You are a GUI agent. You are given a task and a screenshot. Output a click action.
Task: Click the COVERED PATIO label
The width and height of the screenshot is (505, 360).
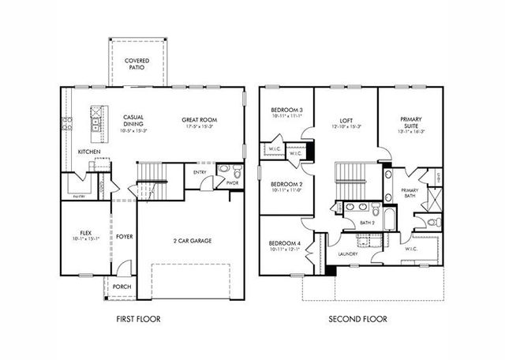[139, 63]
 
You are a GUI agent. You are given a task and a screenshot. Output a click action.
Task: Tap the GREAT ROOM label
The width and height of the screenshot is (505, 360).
[200, 120]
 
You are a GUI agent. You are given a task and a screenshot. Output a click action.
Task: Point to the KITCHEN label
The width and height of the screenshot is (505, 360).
[88, 152]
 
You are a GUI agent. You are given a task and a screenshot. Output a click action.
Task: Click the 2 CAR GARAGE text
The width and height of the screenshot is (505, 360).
[193, 241]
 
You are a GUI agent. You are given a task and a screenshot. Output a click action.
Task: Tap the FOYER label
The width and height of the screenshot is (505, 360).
[125, 236]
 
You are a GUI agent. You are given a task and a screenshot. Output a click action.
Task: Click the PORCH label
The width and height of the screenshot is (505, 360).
[122, 287]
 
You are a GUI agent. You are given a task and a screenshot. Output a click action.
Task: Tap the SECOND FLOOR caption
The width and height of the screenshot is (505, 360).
[359, 320]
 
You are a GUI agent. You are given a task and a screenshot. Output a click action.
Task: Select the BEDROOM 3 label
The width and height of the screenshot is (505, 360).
[287, 110]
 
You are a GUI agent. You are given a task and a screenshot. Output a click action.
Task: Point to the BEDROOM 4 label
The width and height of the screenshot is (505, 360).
[285, 243]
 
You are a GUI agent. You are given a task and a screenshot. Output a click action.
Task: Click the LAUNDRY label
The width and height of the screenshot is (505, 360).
[348, 254]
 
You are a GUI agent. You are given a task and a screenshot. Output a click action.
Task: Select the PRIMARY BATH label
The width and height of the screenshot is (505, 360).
[409, 193]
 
